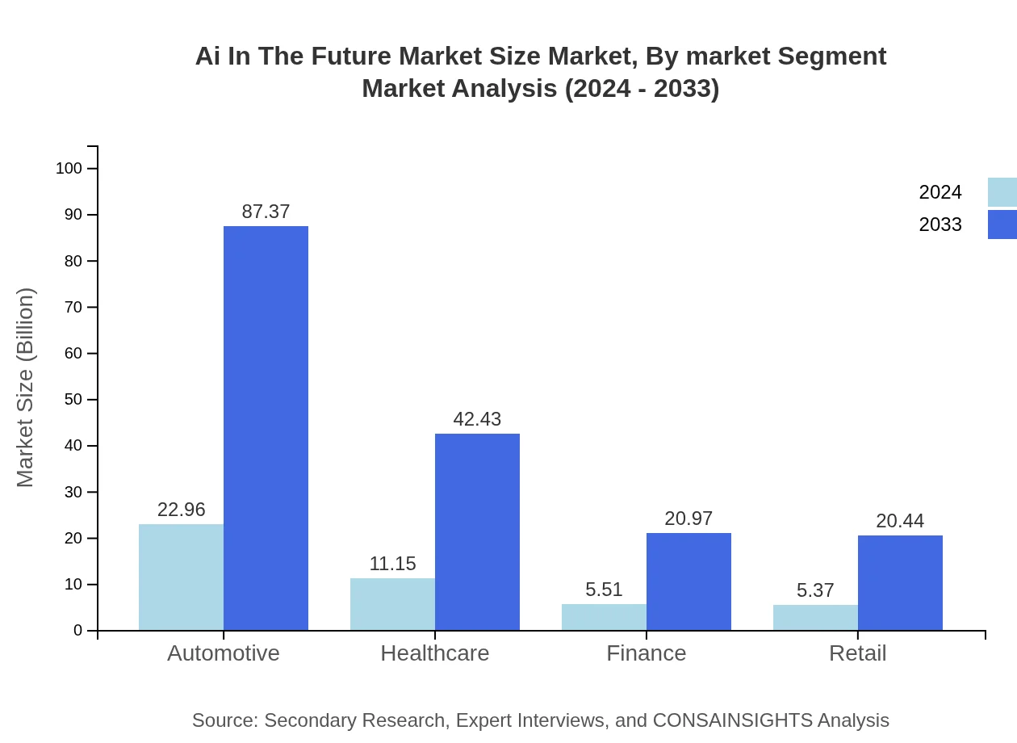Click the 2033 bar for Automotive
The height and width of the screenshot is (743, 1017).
tap(266, 428)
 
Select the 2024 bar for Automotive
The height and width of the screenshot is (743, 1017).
tap(181, 577)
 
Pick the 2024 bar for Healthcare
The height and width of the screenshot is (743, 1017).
tap(392, 604)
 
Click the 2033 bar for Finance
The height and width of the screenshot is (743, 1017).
tap(688, 581)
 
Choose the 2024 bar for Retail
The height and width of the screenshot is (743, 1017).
tap(815, 618)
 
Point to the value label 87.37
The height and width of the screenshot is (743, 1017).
tap(266, 212)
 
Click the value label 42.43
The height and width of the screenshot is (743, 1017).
tap(477, 419)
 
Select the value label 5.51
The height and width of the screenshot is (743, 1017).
tap(604, 590)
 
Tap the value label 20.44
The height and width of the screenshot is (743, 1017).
tap(900, 521)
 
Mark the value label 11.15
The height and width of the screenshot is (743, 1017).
tap(392, 564)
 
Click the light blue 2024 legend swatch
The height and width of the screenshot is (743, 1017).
tap(1002, 192)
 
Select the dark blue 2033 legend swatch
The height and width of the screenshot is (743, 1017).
tap(1002, 225)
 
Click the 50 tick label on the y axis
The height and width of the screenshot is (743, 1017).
tap(73, 400)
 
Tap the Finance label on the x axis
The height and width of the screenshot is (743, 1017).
tap(647, 653)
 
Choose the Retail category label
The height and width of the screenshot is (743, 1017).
tap(858, 653)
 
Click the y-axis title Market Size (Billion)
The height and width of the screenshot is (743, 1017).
tap(25, 388)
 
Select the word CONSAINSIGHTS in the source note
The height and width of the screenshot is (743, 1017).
tap(732, 720)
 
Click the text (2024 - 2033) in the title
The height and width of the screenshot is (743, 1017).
tap(641, 88)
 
